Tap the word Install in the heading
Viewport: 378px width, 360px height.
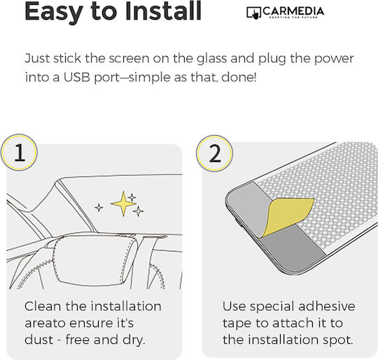(x=163, y=11)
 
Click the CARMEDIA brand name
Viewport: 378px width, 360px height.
(x=293, y=11)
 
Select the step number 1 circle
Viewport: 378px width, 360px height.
(x=19, y=153)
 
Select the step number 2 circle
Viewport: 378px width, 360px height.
(x=214, y=153)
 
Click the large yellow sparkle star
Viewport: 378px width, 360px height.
(x=123, y=204)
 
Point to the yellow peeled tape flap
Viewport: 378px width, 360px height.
(x=287, y=217)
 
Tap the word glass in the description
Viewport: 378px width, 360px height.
(x=211, y=60)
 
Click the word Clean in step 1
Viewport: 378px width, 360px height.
(x=43, y=307)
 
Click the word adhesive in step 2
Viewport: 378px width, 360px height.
(x=327, y=306)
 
